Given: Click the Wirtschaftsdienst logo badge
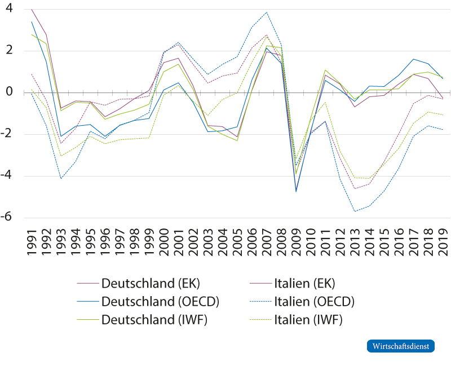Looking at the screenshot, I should tap(401, 345).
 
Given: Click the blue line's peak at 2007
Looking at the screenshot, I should tap(266, 12).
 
